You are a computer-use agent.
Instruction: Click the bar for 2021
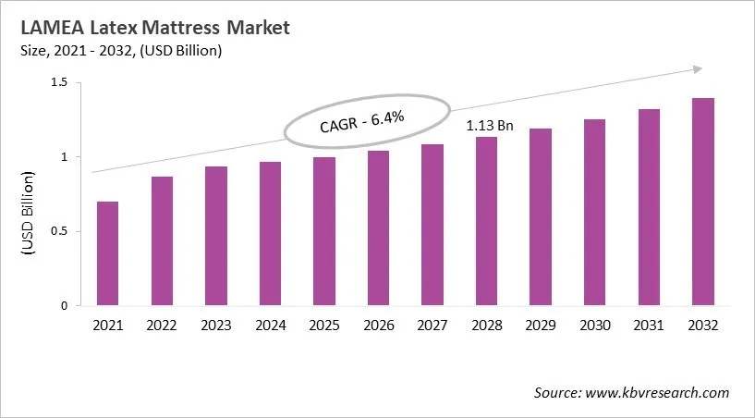coord(108,253)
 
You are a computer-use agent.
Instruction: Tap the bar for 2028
coord(486,221)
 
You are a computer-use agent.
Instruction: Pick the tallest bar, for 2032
coord(702,202)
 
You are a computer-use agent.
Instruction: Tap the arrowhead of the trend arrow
coord(695,68)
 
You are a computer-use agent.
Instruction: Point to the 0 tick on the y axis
coord(65,305)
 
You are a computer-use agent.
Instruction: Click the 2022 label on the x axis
coord(162,326)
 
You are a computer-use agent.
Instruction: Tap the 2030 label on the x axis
coord(594,326)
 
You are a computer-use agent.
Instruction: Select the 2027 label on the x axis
coord(432,326)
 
